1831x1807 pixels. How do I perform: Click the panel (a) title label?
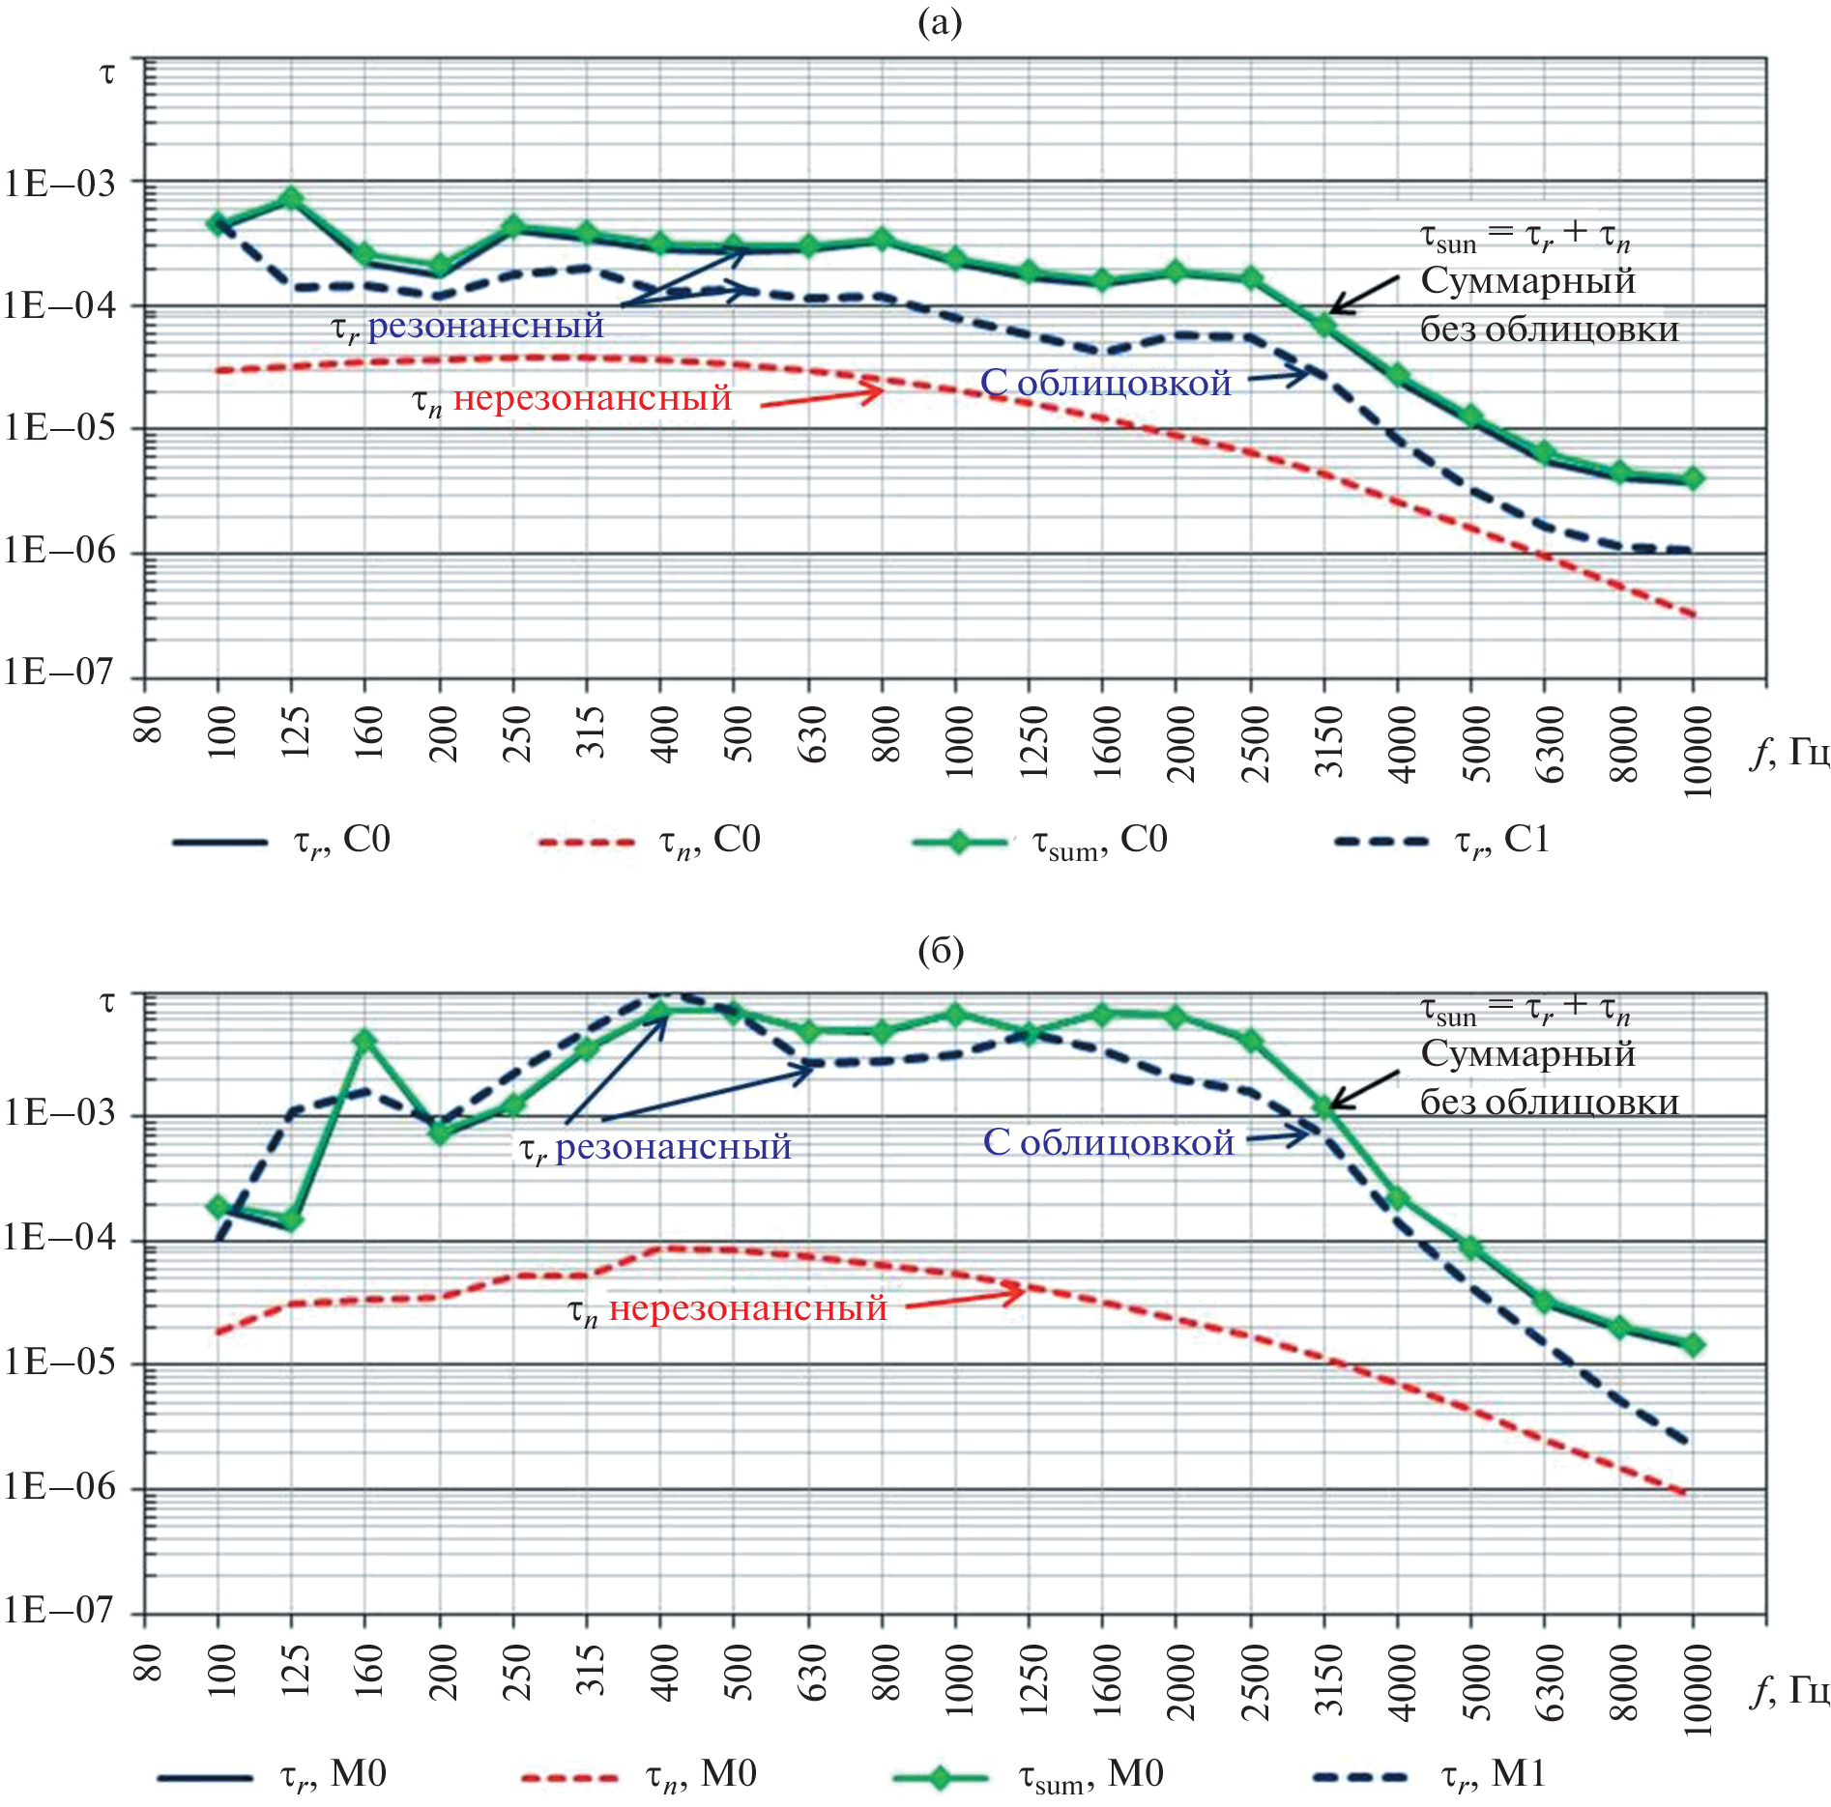(939, 21)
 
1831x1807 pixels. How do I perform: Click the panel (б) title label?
(940, 952)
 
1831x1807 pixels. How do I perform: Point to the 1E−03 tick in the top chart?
(60, 183)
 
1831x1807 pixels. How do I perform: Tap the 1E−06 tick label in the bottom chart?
(60, 1488)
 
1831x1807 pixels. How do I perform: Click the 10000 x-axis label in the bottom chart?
(1698, 1689)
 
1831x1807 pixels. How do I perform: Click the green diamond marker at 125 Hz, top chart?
(291, 199)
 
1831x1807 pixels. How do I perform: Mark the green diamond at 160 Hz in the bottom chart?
(364, 1041)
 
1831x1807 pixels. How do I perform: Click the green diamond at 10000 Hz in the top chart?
(1692, 478)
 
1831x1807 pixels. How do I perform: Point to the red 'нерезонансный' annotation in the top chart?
(592, 398)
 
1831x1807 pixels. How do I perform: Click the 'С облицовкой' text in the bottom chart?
(1108, 1143)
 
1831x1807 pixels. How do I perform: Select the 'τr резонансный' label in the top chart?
(468, 327)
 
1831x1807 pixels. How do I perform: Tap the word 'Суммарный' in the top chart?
(1527, 281)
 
